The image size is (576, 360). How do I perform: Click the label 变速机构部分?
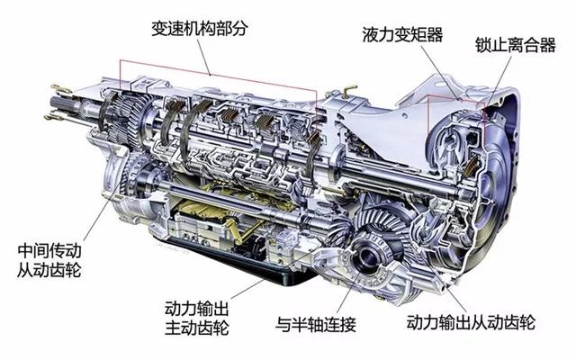pyautogui.click(x=200, y=28)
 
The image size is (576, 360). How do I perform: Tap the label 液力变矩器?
pyautogui.click(x=402, y=34)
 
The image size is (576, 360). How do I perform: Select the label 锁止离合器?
pyautogui.click(x=516, y=45)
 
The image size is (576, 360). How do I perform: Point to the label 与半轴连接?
pyautogui.click(x=316, y=325)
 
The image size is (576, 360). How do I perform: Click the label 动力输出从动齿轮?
pyautogui.click(x=471, y=322)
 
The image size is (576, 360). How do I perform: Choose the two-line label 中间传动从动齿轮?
pyautogui.click(x=49, y=260)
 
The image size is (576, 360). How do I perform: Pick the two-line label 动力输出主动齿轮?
pyautogui.click(x=196, y=318)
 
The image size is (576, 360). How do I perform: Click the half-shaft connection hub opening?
pyautogui.click(x=368, y=258)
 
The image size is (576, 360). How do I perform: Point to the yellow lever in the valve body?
pyautogui.click(x=235, y=229)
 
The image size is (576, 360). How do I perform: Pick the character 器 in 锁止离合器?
pyautogui.click(x=548, y=45)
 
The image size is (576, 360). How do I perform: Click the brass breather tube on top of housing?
pyautogui.click(x=348, y=90)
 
